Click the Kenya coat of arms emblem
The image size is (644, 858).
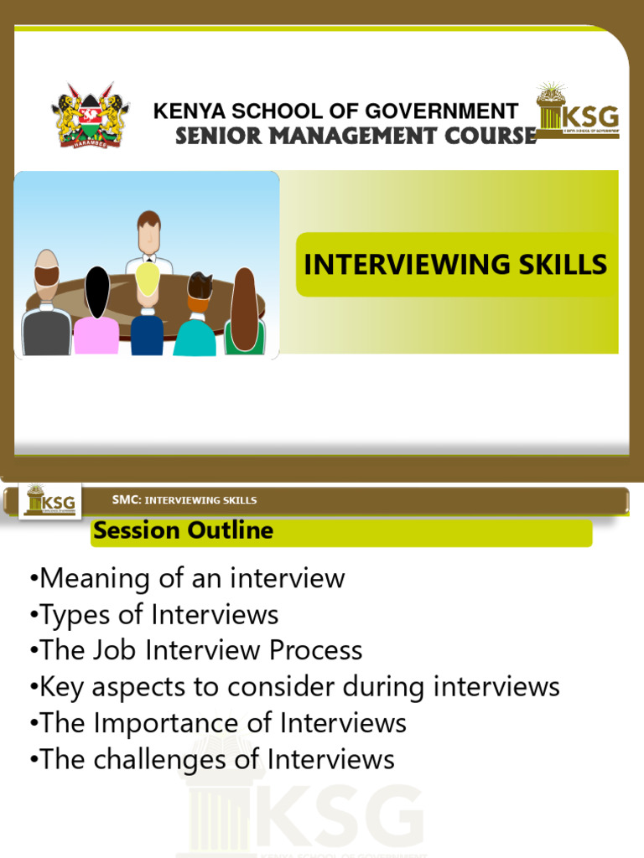coord(90,116)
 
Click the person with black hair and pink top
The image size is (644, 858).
coord(97,314)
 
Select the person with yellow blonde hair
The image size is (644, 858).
coord(148,310)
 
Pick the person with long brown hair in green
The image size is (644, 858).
coord(244,314)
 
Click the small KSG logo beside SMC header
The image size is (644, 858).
coord(50,501)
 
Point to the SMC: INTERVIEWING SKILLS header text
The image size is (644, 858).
coord(184,500)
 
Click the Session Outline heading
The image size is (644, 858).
coord(183,530)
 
